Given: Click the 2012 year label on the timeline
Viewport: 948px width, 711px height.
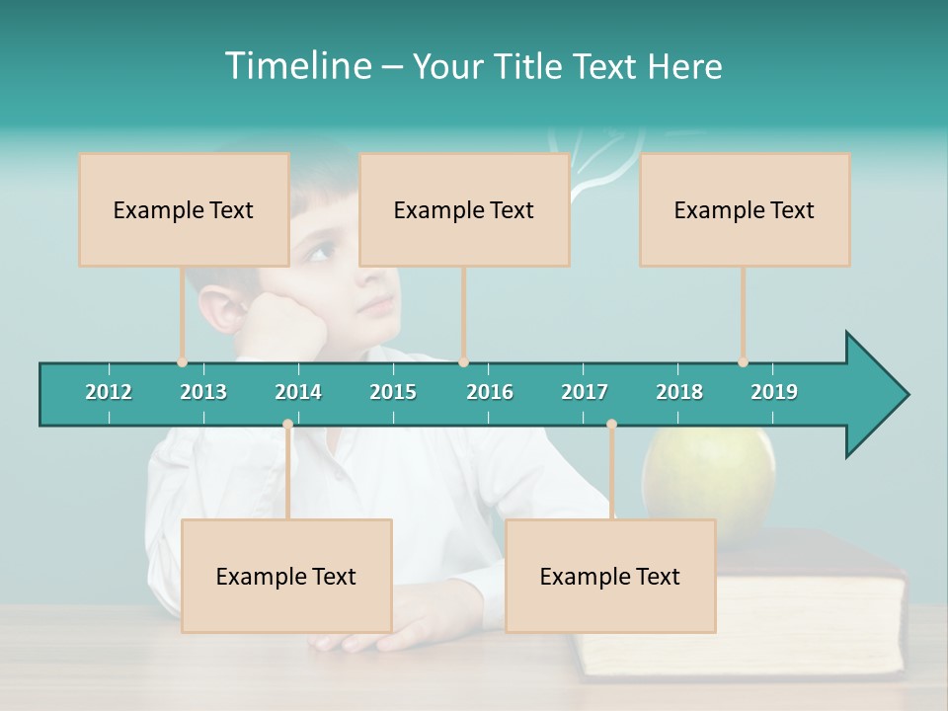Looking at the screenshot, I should (109, 392).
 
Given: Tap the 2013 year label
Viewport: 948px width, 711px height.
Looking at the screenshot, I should (203, 392).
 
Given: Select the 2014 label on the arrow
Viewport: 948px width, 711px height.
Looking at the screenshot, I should (298, 392).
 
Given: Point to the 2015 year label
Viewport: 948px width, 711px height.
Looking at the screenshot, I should (393, 392).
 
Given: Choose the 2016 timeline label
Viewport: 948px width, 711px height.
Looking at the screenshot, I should (490, 392).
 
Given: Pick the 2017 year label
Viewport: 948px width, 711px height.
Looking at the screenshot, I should (585, 392).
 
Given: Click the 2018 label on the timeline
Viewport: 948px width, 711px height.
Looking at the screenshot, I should (679, 392).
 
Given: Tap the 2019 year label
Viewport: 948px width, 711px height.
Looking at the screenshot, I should (774, 392).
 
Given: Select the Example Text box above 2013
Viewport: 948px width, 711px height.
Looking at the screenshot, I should (184, 209).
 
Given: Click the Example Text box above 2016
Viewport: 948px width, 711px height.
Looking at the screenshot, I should (464, 209).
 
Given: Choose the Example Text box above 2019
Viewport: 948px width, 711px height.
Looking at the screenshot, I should (745, 209).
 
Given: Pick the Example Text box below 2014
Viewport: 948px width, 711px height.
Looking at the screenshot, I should (286, 576).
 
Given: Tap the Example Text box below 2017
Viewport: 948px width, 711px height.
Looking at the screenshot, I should (610, 576).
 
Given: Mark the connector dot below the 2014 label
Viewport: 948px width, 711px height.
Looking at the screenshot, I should (287, 425).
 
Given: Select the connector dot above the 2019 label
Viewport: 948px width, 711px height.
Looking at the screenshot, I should (743, 362).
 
